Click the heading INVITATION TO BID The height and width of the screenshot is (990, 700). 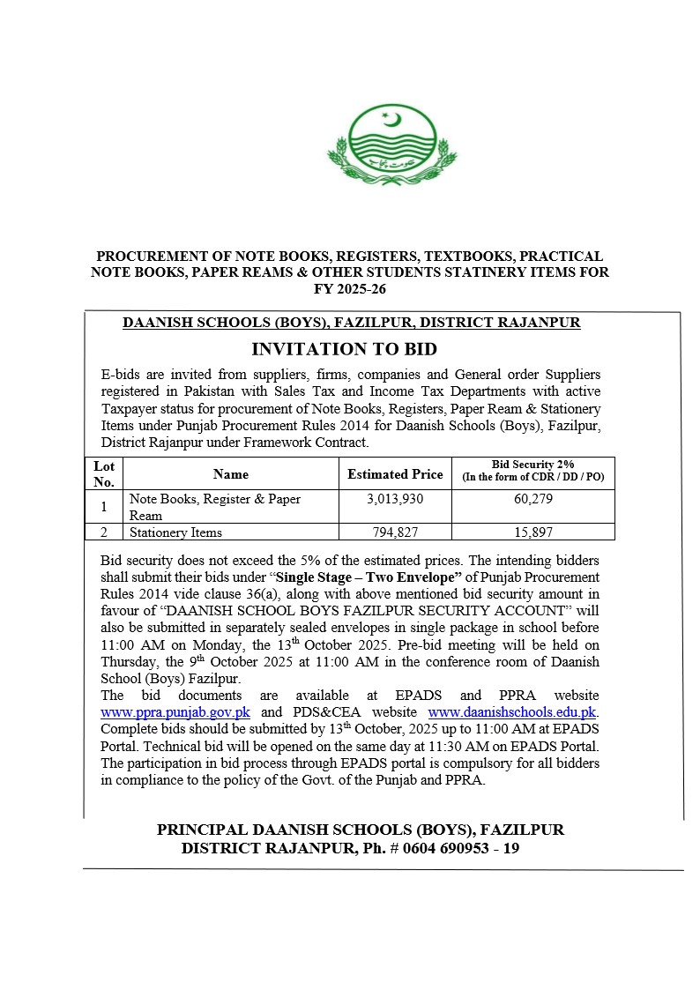click(344, 349)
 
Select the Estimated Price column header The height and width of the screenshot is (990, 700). click(395, 474)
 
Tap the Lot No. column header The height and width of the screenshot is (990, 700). click(104, 473)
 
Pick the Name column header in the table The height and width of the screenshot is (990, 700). click(231, 474)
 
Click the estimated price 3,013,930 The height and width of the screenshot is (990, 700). click(395, 499)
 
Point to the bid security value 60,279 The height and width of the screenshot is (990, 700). click(532, 499)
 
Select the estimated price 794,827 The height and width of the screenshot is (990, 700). click(395, 532)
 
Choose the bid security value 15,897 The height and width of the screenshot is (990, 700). click(532, 532)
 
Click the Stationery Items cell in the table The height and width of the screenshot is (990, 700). click(175, 532)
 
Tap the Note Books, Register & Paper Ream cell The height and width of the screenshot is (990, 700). click(215, 507)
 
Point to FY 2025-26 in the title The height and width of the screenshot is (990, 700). click(350, 289)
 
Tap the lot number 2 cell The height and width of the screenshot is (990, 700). click(104, 532)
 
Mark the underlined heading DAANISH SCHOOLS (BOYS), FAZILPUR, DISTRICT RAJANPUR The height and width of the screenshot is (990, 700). click(351, 322)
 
